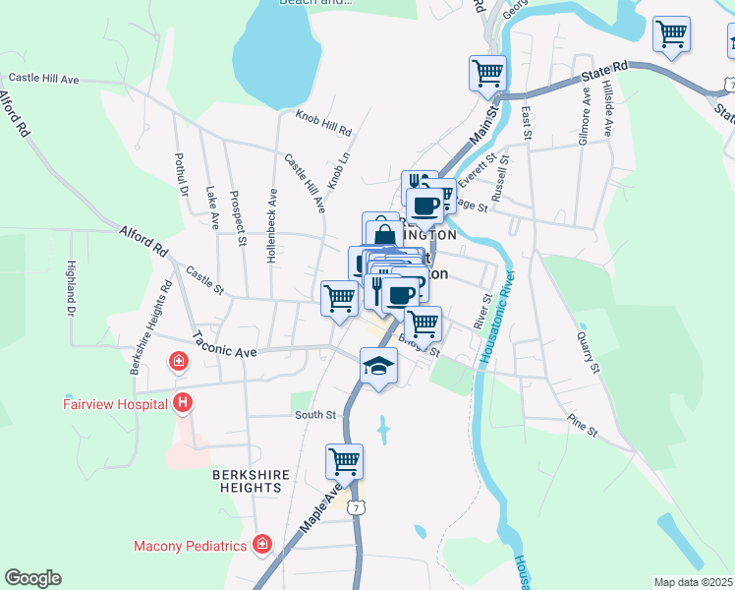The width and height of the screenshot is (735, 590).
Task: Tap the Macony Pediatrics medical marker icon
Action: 262,544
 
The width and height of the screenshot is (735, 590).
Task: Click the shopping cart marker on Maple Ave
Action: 344,460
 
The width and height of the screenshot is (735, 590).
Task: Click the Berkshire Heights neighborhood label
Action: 252,482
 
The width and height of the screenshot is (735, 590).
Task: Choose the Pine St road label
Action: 582,426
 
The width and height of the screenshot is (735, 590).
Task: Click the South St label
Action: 317,415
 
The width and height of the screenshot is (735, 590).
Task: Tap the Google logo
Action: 32,578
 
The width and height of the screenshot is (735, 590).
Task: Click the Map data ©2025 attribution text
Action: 692,582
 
